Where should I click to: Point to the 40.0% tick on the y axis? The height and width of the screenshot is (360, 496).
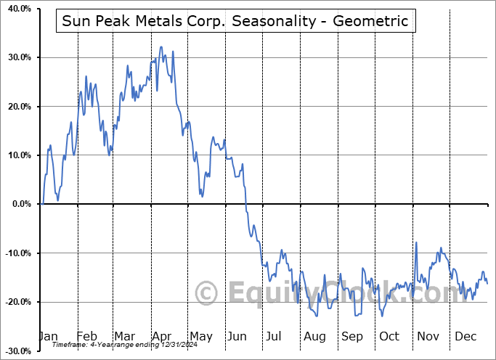(17, 9)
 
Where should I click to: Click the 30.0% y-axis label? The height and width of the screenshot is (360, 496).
(17, 57)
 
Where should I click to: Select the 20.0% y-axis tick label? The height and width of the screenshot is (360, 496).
(17, 107)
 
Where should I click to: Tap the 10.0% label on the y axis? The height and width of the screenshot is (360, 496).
(17, 155)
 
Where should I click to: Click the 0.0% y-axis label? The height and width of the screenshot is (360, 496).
(19, 204)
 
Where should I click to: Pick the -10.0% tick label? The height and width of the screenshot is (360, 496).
(15, 253)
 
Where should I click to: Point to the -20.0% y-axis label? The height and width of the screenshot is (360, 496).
(15, 302)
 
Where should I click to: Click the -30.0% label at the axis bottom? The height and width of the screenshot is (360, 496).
(15, 351)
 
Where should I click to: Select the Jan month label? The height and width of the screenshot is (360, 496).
(49, 336)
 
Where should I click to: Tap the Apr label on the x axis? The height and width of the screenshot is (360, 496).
(162, 336)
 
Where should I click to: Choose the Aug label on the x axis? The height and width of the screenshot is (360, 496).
(314, 336)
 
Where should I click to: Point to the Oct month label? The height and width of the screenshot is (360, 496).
(389, 336)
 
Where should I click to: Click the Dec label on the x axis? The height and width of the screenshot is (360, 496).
(465, 336)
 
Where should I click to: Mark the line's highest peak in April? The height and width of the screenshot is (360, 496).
(161, 47)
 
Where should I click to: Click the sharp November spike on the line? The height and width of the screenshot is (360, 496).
(416, 242)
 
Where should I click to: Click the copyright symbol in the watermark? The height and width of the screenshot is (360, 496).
(208, 293)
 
